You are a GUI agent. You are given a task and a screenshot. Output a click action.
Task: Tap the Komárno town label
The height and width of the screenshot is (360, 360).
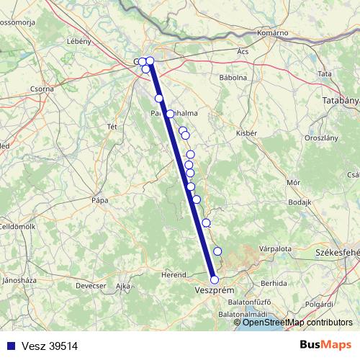[x=273, y=33]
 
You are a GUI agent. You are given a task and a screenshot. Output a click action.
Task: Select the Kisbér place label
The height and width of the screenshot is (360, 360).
[x=247, y=133]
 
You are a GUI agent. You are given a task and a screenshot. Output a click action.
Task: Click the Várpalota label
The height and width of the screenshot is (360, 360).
[x=275, y=248]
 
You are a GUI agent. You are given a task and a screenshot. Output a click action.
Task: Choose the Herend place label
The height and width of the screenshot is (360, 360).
[x=174, y=274]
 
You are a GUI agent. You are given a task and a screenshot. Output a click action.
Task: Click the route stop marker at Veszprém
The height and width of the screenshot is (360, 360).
[x=214, y=279]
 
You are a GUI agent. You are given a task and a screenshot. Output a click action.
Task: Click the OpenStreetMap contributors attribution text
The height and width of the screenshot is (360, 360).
[x=297, y=323]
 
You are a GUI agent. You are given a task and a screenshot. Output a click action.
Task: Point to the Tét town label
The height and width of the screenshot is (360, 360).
[x=112, y=126]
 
